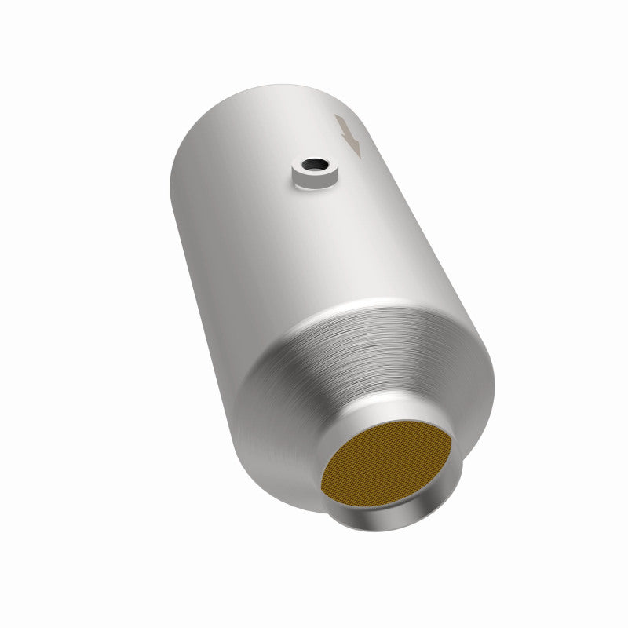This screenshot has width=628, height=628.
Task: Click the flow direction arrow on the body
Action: [x=348, y=134]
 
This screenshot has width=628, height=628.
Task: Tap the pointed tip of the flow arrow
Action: [x=357, y=153]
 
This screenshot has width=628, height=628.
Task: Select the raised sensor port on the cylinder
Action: [x=313, y=172]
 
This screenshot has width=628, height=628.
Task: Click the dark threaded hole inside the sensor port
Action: [x=314, y=166]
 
